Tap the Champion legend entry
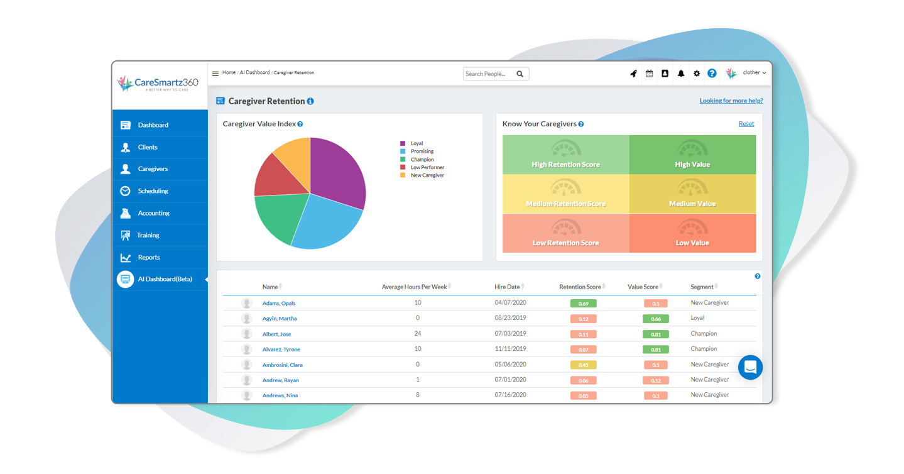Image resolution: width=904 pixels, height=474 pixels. click(422, 160)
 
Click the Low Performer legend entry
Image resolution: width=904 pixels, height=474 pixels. click(427, 168)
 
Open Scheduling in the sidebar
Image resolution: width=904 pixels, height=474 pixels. click(153, 191)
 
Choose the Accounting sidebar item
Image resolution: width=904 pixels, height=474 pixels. click(153, 213)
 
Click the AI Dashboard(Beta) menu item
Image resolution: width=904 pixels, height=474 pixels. click(165, 279)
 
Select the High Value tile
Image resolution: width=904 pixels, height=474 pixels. click(692, 155)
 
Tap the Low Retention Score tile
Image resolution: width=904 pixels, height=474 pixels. click(565, 233)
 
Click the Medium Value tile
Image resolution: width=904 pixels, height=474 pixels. click(692, 194)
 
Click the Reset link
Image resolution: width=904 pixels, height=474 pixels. click(746, 124)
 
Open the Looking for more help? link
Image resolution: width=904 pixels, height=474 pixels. click(731, 101)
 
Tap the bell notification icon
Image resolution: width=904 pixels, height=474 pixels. click(681, 74)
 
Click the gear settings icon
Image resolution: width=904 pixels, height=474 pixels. click(697, 74)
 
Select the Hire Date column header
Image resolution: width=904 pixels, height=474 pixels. click(507, 287)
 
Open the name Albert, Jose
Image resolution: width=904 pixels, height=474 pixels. click(276, 334)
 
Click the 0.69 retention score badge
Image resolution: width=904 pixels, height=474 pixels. click(583, 304)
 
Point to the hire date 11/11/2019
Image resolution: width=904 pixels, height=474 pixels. click(510, 349)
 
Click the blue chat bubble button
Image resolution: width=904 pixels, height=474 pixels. click(750, 368)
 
